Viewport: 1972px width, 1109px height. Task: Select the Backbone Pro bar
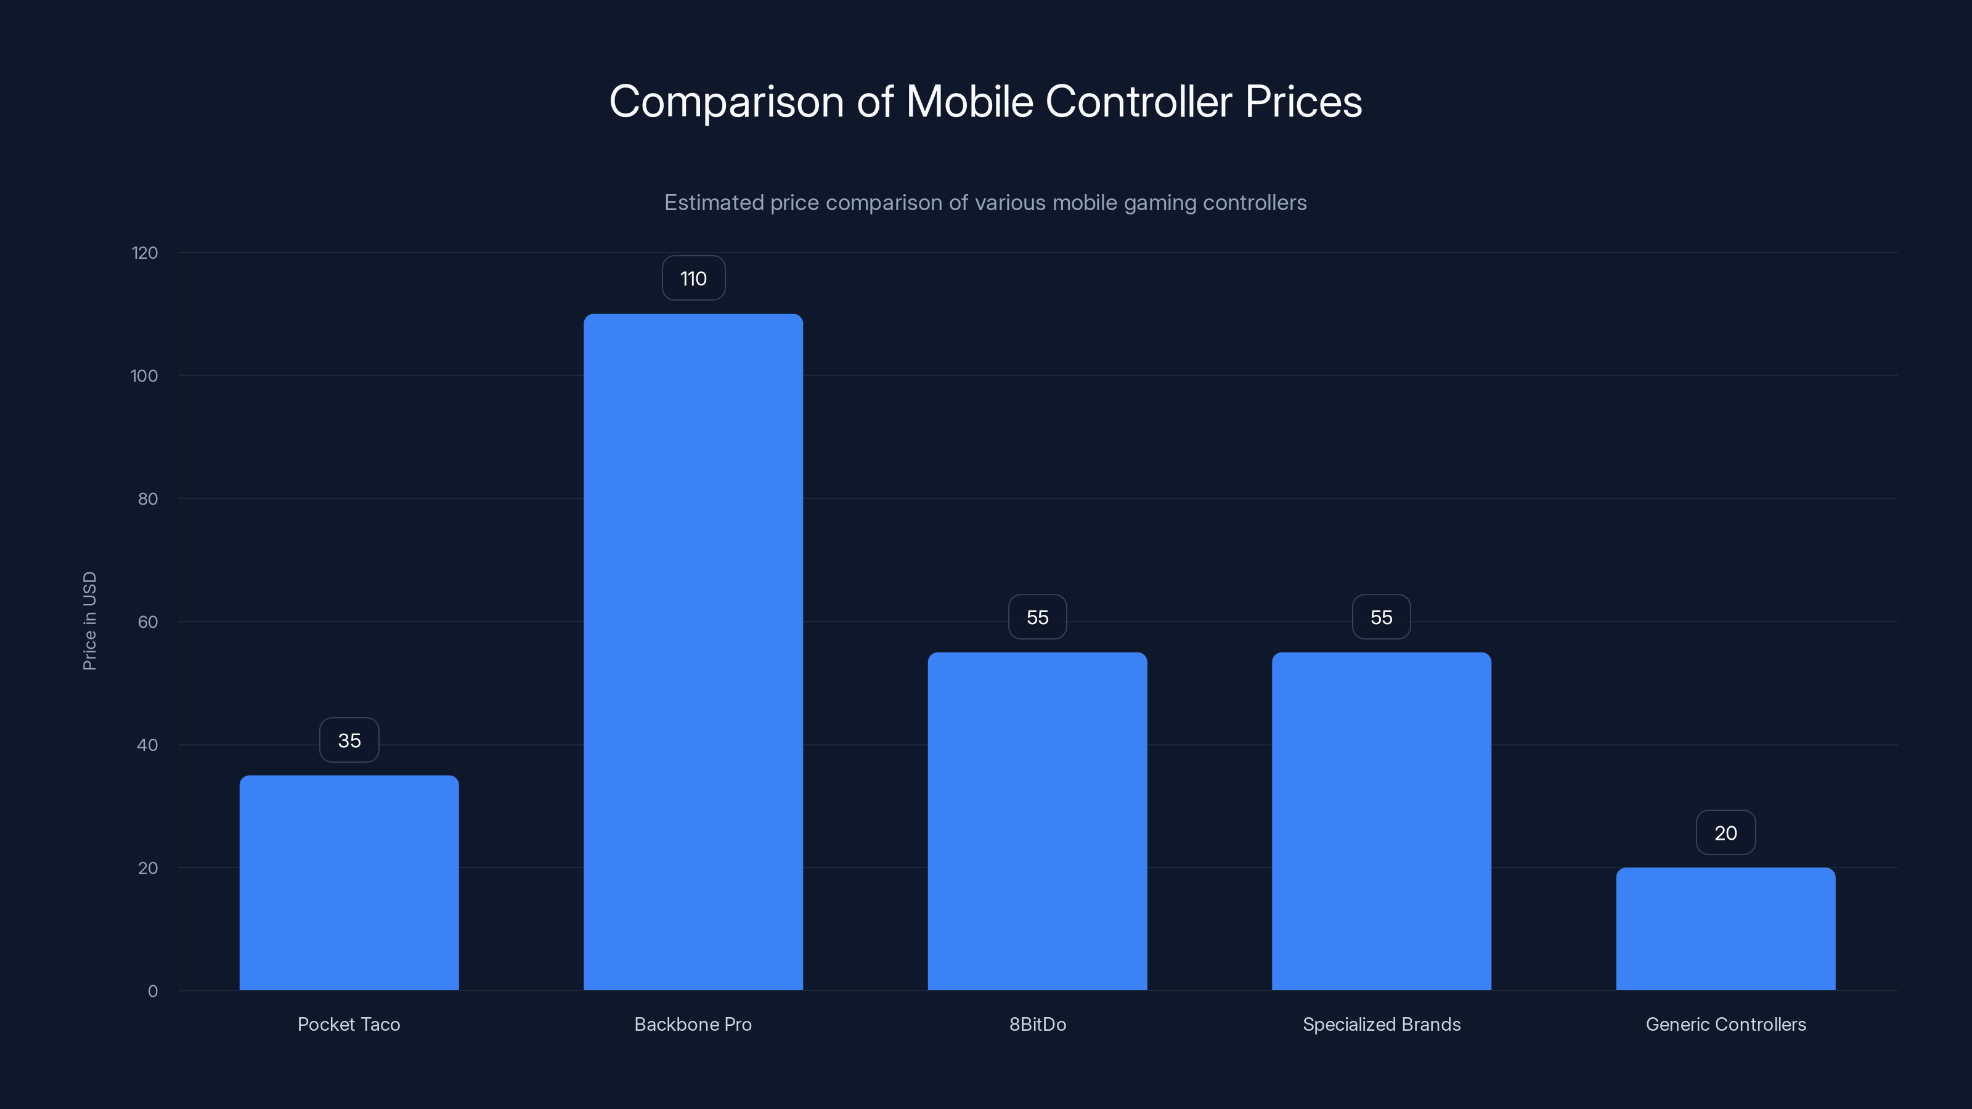tap(693, 651)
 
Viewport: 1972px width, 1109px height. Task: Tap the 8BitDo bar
tap(1037, 821)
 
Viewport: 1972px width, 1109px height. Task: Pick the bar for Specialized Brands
tap(1381, 821)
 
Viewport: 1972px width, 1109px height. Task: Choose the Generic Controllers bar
tap(1725, 928)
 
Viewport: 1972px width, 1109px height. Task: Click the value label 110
tap(693, 278)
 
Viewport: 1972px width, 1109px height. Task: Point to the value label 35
tap(349, 740)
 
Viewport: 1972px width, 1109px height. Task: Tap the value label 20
tap(1725, 833)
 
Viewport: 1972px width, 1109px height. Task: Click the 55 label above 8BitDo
tap(1037, 617)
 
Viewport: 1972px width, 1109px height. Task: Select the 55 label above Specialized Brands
tap(1381, 617)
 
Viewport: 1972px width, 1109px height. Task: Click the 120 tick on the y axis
tap(145, 253)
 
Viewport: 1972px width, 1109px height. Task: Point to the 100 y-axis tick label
tap(145, 376)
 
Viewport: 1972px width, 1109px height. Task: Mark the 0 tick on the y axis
tap(152, 991)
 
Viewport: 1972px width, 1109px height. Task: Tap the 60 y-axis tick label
tap(148, 622)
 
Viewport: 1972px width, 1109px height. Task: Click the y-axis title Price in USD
tap(89, 620)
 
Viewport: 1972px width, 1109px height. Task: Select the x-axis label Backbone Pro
tap(693, 1024)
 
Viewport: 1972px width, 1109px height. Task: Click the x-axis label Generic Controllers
tap(1725, 1024)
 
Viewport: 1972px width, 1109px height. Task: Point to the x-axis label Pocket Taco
tap(349, 1024)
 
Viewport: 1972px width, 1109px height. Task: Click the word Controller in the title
tap(1138, 102)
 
